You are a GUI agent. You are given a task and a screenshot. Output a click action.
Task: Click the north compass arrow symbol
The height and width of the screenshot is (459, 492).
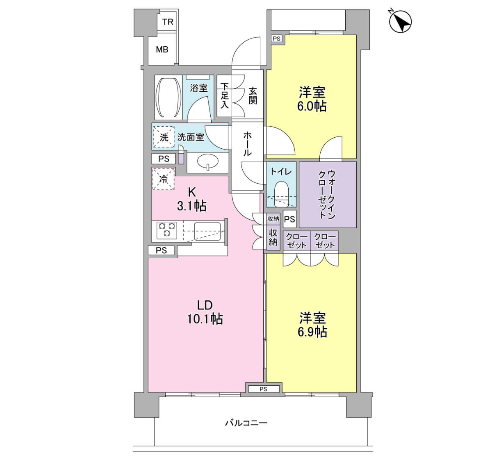click(x=400, y=21)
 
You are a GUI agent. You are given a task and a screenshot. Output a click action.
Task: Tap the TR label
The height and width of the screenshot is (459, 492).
click(x=168, y=22)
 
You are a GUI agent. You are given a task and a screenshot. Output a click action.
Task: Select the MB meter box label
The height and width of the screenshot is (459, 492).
click(x=162, y=50)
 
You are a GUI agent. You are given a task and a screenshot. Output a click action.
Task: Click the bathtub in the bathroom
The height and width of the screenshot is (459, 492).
click(x=169, y=98)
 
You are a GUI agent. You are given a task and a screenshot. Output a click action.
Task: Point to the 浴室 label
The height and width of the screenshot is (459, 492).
click(x=199, y=88)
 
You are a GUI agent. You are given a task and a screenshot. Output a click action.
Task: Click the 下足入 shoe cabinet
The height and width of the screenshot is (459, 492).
click(x=224, y=96)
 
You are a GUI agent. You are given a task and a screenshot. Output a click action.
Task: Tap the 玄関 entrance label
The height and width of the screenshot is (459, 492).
click(x=253, y=96)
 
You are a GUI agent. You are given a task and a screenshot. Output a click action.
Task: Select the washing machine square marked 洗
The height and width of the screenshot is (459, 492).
click(x=164, y=137)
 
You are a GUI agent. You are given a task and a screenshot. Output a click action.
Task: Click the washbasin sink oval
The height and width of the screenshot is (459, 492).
click(x=208, y=161)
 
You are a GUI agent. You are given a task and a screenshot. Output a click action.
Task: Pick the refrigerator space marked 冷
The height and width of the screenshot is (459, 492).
click(x=164, y=179)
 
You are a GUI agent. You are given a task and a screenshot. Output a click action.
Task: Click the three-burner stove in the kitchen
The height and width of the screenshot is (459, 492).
click(x=167, y=230)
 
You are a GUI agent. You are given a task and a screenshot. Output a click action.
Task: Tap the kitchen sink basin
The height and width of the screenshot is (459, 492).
click(x=207, y=232)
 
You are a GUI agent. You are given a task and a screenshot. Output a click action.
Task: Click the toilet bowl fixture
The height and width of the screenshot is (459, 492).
click(x=282, y=194)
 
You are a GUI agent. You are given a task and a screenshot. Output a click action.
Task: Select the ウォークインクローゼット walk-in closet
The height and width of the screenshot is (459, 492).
click(x=328, y=194)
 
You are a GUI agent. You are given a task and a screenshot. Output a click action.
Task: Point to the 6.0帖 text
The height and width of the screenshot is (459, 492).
click(x=312, y=107)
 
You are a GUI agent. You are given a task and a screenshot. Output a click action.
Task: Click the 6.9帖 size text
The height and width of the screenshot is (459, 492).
click(x=312, y=332)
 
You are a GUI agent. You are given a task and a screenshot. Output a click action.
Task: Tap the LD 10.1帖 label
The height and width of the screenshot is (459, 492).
click(x=205, y=312)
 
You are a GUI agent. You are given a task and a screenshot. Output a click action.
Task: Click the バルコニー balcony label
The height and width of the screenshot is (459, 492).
click(x=246, y=423)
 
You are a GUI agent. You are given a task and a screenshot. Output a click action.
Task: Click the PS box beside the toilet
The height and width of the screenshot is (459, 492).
click(x=289, y=219)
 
